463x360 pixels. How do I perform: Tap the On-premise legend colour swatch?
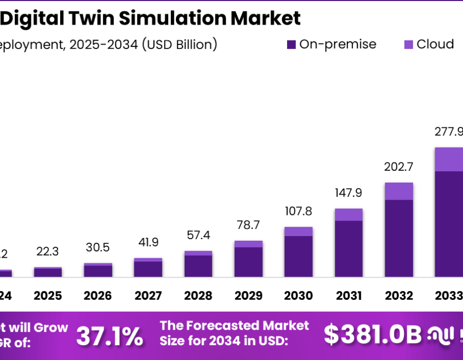click(291, 45)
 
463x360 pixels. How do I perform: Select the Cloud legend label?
click(435, 44)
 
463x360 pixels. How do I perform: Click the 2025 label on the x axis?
click(48, 296)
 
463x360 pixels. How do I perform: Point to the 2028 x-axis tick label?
click(198, 296)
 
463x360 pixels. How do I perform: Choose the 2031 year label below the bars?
click(348, 296)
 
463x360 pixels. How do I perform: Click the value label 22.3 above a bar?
click(48, 251)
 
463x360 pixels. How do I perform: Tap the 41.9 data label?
click(148, 242)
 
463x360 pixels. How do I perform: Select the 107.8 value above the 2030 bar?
click(298, 211)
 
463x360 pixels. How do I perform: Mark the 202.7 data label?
click(399, 167)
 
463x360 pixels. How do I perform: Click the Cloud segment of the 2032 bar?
click(399, 191)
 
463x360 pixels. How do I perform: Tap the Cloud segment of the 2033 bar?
click(449, 159)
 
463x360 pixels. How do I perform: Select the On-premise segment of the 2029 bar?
click(248, 262)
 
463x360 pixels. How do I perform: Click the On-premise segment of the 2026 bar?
click(98, 271)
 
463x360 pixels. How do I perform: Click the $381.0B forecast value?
click(372, 335)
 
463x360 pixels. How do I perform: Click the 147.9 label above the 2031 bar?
click(348, 193)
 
